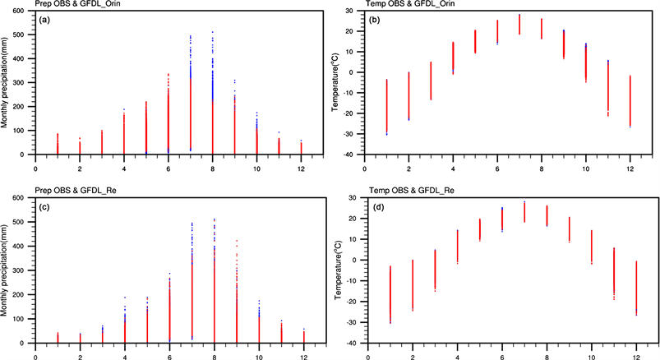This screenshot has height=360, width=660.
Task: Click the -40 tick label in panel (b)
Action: click(349, 155)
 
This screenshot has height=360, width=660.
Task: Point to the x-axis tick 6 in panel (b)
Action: click(497, 168)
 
